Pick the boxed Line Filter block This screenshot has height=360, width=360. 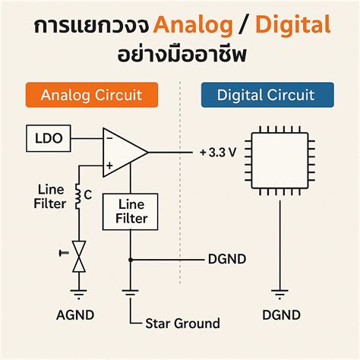point(130,212)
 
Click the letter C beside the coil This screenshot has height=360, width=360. point(88,195)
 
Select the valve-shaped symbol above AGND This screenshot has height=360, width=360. point(77,256)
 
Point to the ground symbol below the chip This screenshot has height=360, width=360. point(279,292)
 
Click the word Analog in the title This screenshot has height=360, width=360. point(193,27)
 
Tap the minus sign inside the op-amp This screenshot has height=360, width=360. point(110,138)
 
